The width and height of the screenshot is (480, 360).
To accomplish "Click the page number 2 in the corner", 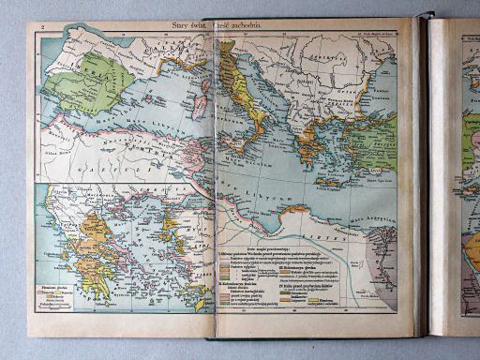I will (x=43, y=29).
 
